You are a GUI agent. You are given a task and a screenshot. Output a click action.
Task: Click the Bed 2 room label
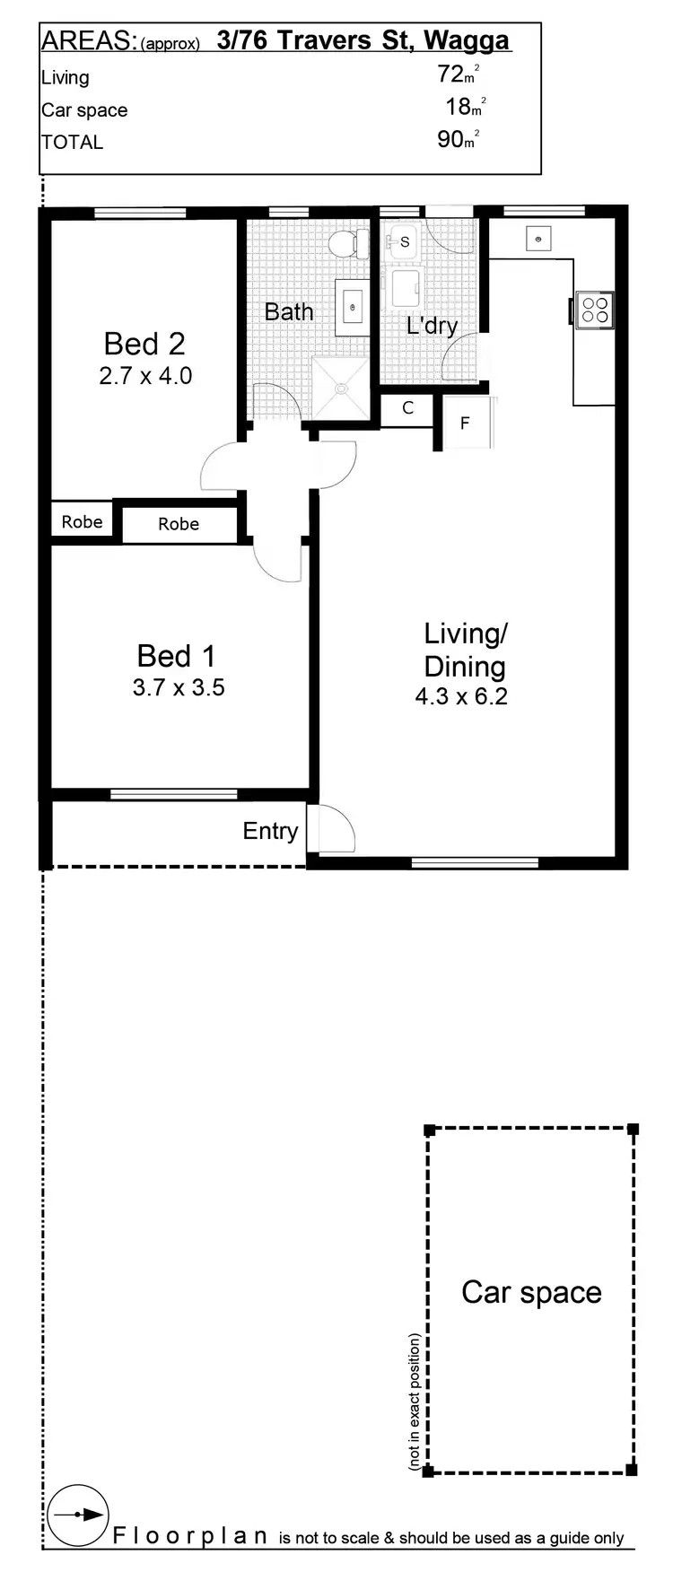[144, 344]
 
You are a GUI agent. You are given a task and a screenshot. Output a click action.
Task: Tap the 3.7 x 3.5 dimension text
[178, 687]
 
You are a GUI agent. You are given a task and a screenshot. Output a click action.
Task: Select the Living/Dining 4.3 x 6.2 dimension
[461, 696]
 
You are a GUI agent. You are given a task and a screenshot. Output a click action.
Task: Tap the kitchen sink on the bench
[538, 240]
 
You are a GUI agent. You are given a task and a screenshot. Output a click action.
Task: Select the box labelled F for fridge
[465, 423]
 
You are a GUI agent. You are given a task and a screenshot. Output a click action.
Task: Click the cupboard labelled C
[407, 409]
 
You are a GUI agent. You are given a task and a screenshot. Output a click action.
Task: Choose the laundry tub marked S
[403, 242]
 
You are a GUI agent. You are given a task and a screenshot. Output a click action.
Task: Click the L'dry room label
[432, 326]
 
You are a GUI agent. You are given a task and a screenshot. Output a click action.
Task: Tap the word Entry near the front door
[270, 831]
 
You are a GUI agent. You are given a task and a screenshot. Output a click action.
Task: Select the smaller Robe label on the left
[82, 522]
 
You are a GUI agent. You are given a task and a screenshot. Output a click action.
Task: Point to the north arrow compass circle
[78, 1515]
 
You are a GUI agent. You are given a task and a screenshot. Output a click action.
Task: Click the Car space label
[531, 1293]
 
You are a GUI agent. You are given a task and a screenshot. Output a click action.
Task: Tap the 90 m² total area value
[458, 139]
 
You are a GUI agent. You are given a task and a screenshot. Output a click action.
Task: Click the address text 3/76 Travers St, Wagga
[363, 40]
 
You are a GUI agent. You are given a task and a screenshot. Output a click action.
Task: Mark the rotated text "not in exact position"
[415, 1402]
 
